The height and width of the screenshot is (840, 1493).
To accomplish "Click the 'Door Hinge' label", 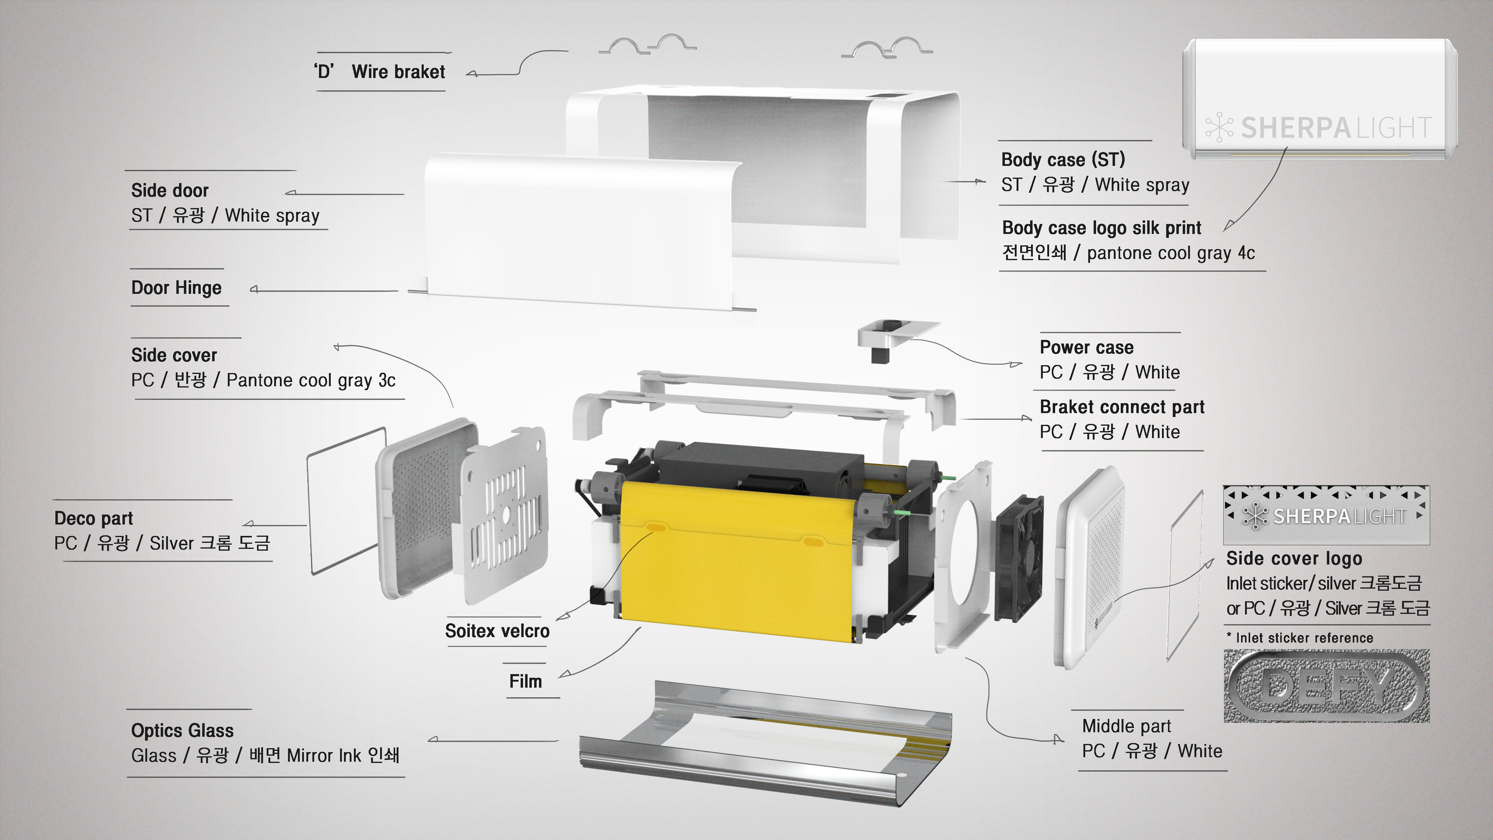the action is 176,288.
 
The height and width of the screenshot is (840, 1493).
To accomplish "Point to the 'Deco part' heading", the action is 93,518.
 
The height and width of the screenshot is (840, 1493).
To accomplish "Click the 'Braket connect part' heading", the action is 1122,407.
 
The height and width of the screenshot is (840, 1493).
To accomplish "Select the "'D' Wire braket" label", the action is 379,72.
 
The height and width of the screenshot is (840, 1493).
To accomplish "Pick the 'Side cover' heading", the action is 174,355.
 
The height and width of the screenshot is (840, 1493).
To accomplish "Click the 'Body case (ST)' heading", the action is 1063,160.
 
